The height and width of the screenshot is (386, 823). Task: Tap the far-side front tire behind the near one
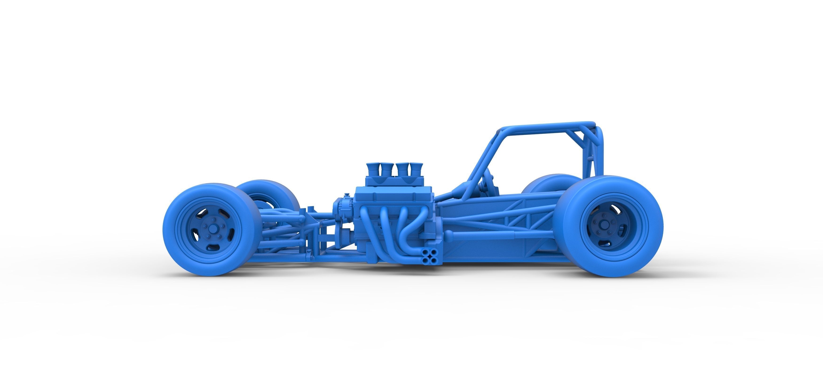click(272, 192)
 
